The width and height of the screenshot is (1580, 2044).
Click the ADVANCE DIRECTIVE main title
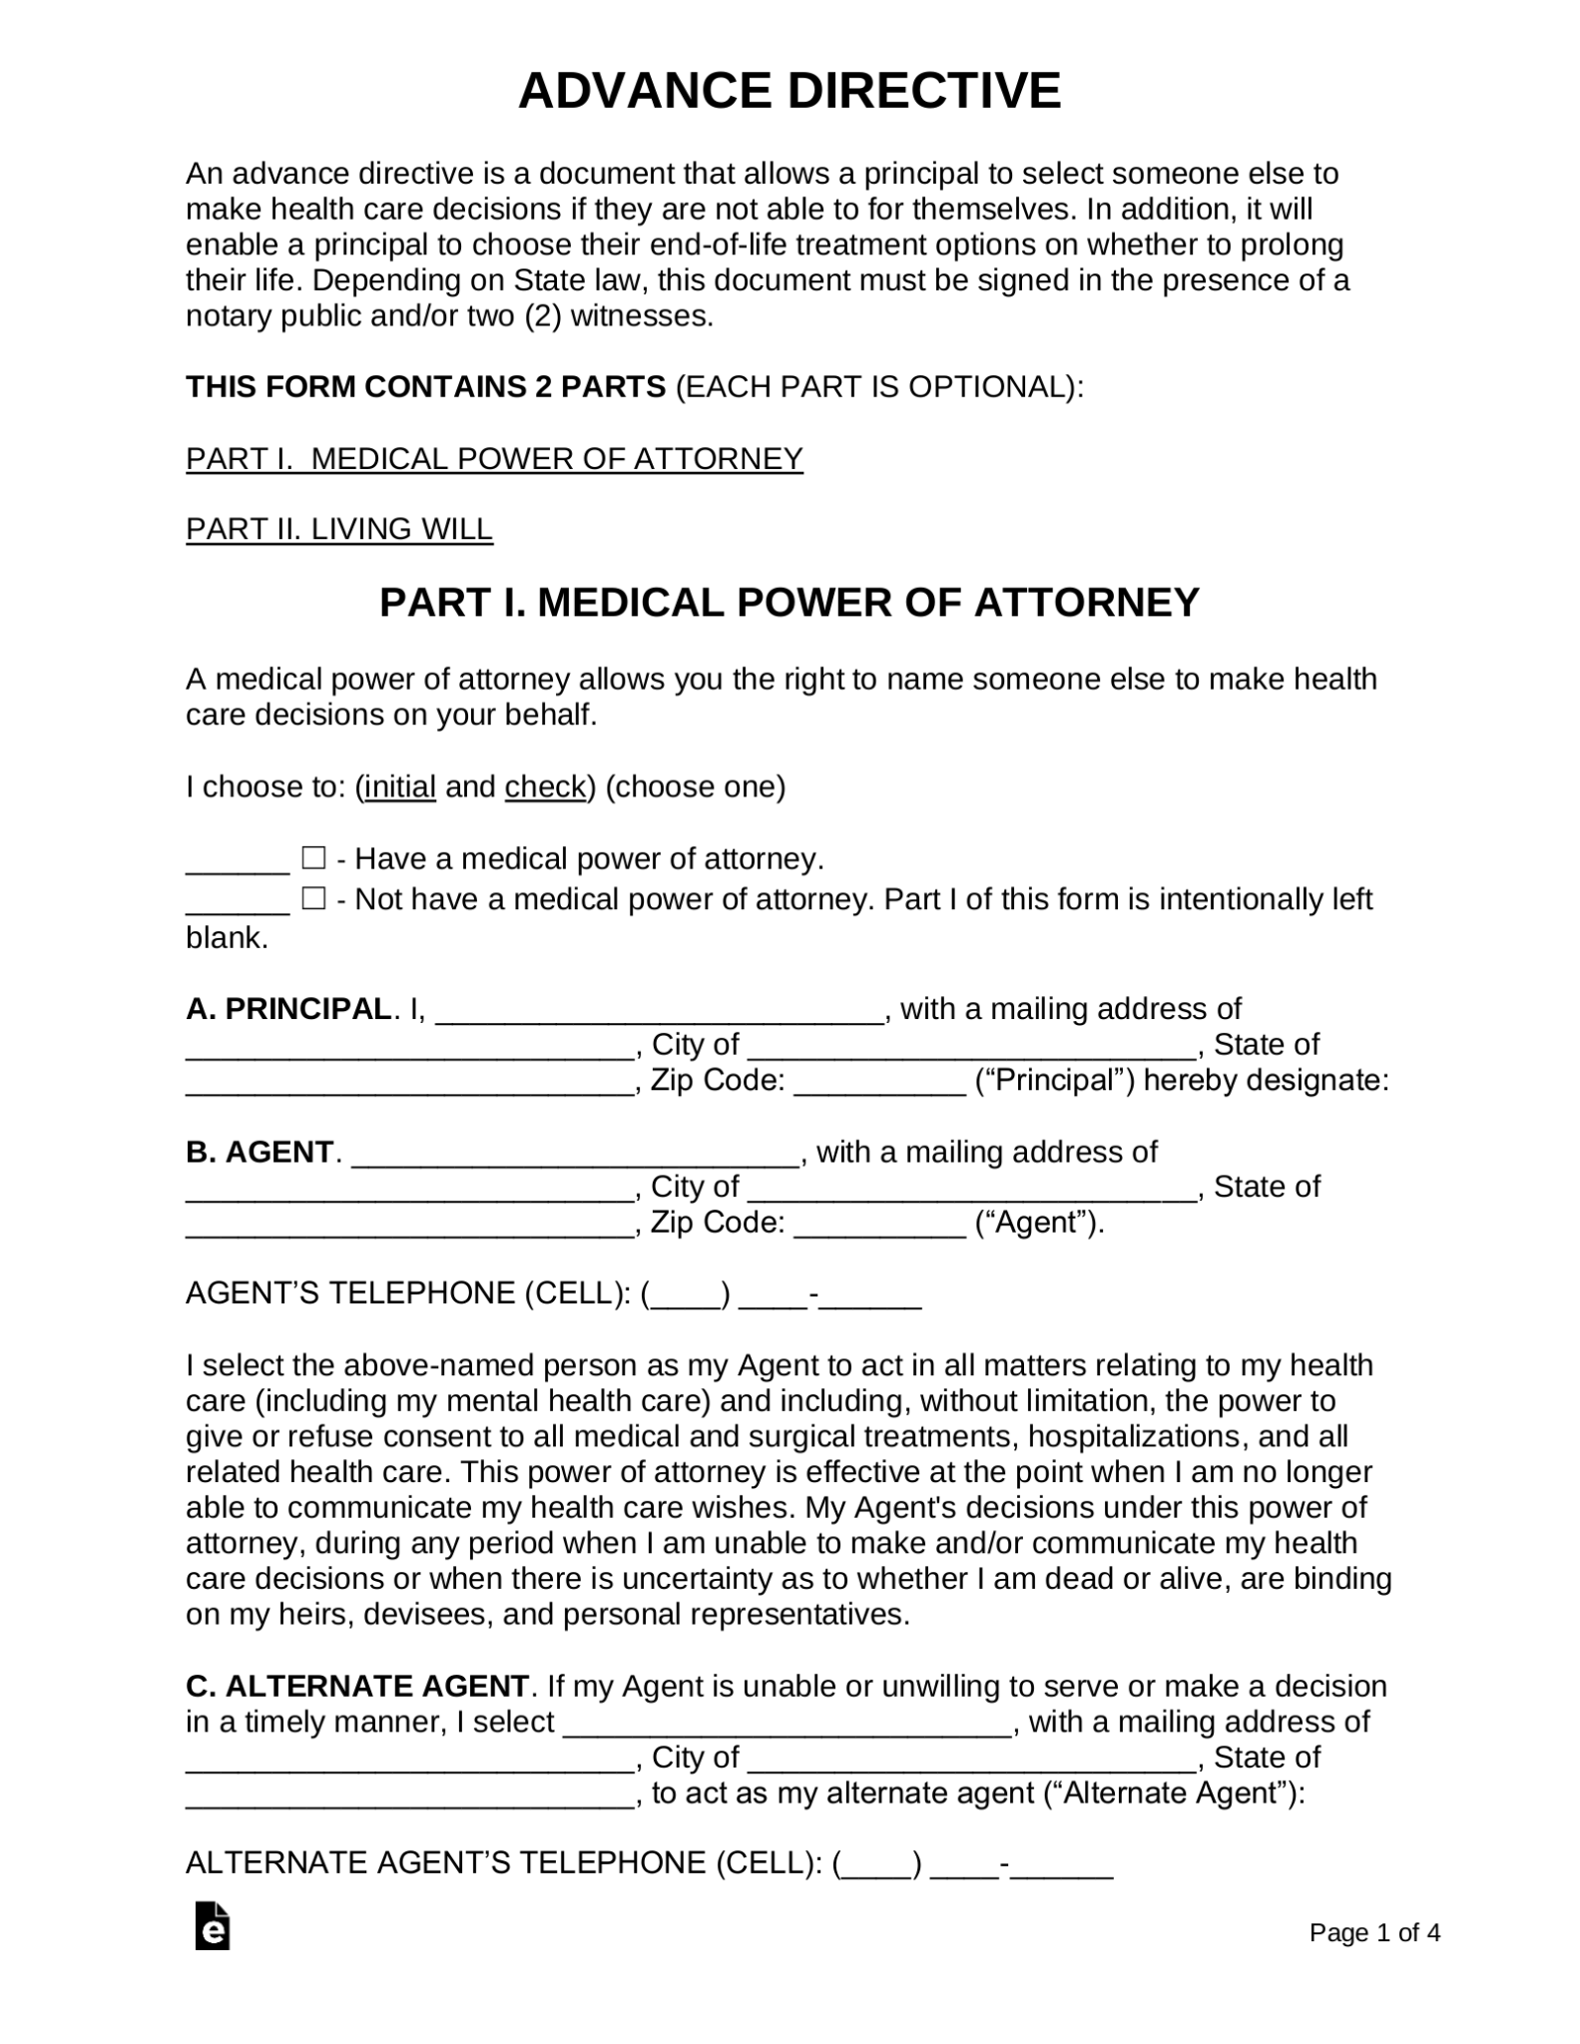pos(789,92)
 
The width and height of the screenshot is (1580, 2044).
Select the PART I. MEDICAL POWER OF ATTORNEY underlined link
pos(494,458)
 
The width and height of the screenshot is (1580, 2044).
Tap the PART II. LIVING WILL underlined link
pos(339,529)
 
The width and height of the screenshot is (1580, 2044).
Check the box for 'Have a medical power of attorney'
pos(313,858)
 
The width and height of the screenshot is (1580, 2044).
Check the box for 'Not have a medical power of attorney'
pos(313,899)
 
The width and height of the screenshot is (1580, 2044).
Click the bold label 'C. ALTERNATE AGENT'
pos(356,1687)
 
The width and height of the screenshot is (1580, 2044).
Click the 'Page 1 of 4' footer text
pos(1373,1933)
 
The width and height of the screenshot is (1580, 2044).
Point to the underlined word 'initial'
pos(400,787)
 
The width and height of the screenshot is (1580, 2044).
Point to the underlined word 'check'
pos(545,787)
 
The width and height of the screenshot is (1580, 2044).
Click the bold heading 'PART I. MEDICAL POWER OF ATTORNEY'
pos(789,603)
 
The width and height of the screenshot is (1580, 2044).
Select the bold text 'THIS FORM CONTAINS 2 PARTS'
pos(425,386)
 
